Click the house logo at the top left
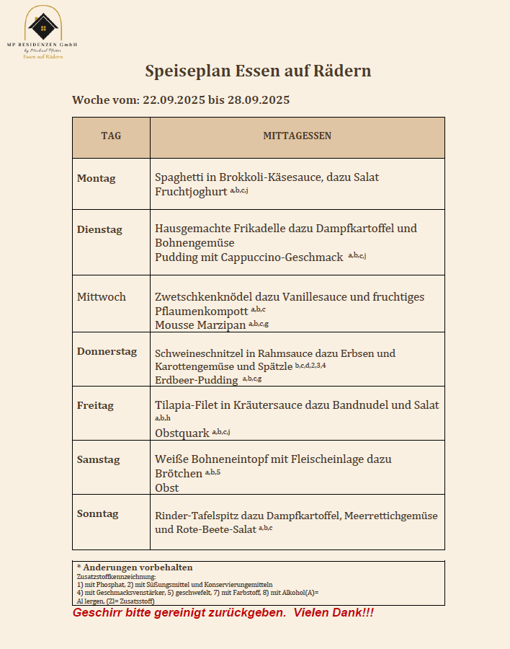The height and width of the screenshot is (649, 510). click(43, 25)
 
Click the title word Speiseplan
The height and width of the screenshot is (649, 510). click(185, 71)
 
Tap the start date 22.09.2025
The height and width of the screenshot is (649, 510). click(174, 100)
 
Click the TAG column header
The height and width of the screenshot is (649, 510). click(111, 136)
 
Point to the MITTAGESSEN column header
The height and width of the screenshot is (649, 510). click(297, 136)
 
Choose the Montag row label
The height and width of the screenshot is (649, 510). click(96, 178)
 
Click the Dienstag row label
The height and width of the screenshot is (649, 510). click(99, 229)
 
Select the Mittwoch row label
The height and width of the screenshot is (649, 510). click(101, 296)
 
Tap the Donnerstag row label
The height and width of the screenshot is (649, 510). click(107, 351)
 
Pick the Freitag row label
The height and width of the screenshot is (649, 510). click(95, 405)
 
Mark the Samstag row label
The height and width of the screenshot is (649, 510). click(99, 459)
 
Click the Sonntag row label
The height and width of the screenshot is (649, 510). click(98, 513)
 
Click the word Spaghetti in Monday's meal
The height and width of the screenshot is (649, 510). click(181, 177)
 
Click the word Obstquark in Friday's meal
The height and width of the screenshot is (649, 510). click(182, 433)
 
